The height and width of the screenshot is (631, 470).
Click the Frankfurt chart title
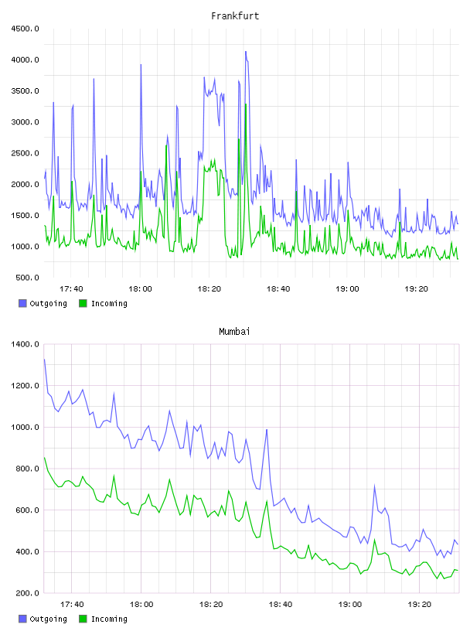pos(235,16)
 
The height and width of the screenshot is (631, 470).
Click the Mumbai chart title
pos(234,332)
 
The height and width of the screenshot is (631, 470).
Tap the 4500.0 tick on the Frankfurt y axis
pos(26,29)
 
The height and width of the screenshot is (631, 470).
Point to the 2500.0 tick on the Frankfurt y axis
pos(26,153)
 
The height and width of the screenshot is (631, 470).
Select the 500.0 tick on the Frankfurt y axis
pos(27,278)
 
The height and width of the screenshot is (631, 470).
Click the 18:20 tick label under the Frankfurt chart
pos(209,289)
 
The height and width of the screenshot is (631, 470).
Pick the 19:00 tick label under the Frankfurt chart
pos(347,289)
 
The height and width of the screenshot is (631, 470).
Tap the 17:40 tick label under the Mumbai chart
pos(72,605)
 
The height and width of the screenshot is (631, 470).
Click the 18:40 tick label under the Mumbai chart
pos(281,605)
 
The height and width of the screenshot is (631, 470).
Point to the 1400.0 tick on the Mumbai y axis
pos(26,344)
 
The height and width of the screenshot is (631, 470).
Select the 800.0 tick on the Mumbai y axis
pos(27,469)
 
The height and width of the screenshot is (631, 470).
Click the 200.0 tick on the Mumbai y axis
pos(27,593)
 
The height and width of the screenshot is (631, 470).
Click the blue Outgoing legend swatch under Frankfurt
pos(22,303)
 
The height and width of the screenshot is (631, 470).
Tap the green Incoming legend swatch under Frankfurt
pos(83,303)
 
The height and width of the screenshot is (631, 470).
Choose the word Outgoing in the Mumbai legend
pos(48,619)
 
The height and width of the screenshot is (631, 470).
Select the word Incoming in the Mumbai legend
pos(109,619)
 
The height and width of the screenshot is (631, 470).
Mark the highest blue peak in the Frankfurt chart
pos(246,52)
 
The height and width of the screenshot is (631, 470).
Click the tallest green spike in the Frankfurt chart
pos(246,104)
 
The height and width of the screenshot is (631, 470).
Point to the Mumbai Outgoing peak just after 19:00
pos(374,486)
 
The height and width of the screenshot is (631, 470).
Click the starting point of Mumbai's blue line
pos(44,360)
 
